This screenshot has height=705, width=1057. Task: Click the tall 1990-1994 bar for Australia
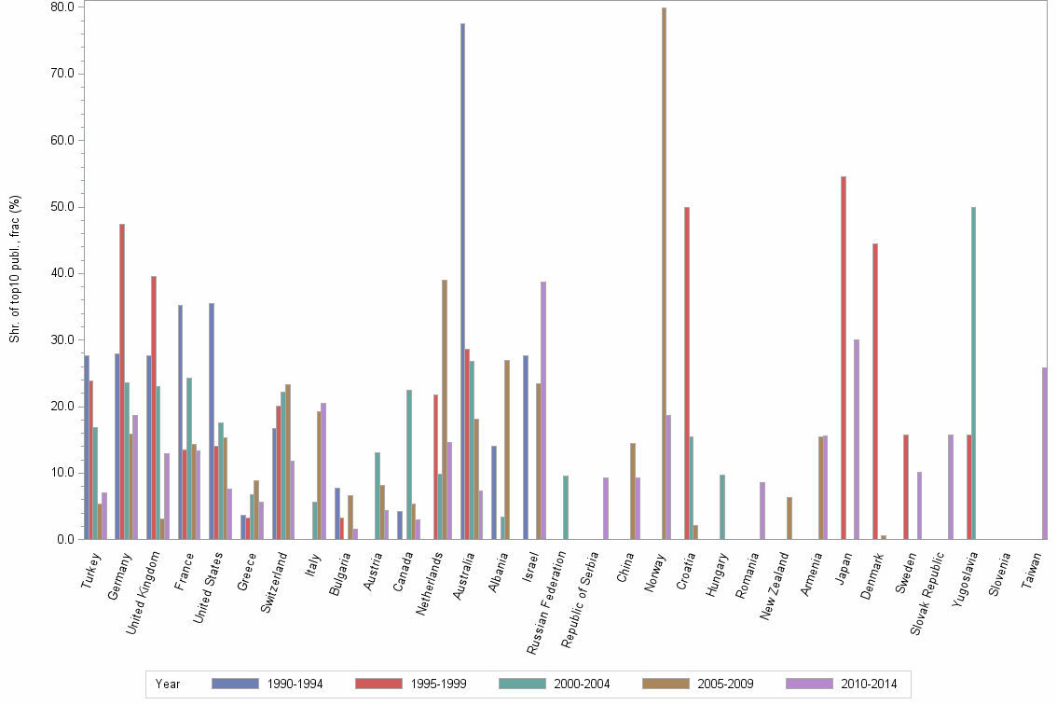tap(462, 280)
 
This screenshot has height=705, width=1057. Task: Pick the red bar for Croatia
tap(687, 373)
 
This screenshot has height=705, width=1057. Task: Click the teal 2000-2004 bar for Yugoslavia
tap(973, 373)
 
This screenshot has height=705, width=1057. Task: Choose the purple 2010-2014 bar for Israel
tap(543, 410)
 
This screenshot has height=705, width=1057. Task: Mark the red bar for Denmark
tap(875, 391)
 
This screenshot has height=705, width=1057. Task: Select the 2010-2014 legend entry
tap(844, 684)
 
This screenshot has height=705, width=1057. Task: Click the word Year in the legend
tap(169, 684)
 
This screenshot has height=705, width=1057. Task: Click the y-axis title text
tap(14, 269)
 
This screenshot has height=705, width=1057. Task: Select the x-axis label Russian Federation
tap(547, 598)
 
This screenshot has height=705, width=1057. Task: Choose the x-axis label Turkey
tap(90, 568)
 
